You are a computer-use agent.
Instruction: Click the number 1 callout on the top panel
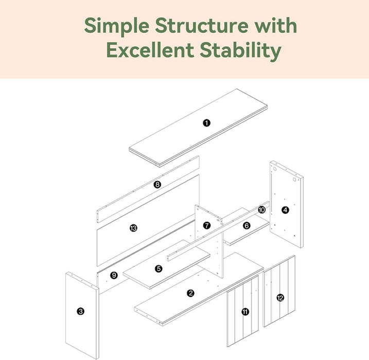pos(206,123)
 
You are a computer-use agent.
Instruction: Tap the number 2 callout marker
pos(190,293)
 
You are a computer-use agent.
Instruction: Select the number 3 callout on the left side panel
pos(80,311)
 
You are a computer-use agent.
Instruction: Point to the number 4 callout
pos(285,210)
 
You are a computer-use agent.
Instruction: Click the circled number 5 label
pos(159,268)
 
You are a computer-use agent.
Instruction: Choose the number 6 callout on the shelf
pos(247,226)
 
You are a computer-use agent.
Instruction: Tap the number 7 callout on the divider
pos(206,225)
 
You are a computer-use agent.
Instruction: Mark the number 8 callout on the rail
pos(157,184)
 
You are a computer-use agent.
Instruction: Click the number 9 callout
pos(114,275)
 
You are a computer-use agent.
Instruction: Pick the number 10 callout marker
pos(261,209)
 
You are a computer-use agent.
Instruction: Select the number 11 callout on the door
pos(245,312)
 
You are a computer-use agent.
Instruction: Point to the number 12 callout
pos(280,298)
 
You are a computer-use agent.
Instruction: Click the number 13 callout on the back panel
pos(133,228)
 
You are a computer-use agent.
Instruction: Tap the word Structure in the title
pos(202,25)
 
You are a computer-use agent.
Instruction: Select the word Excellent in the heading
pos(150,50)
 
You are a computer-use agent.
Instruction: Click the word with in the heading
pos(276,25)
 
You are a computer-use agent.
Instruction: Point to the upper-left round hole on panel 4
pos(274,169)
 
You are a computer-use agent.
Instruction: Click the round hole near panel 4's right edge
pos(294,179)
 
